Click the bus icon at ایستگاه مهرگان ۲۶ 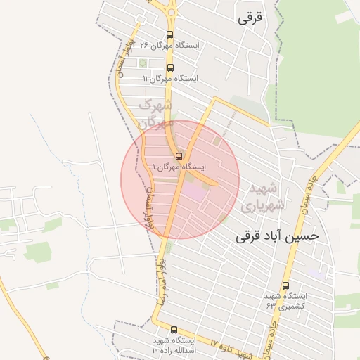169,34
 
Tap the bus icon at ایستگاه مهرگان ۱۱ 170,68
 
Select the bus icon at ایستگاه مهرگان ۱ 178,156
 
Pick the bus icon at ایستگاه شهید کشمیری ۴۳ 285,285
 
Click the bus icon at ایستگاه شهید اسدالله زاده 174,330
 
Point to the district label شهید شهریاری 262,198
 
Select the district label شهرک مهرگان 157,114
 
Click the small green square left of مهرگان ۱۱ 143,64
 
